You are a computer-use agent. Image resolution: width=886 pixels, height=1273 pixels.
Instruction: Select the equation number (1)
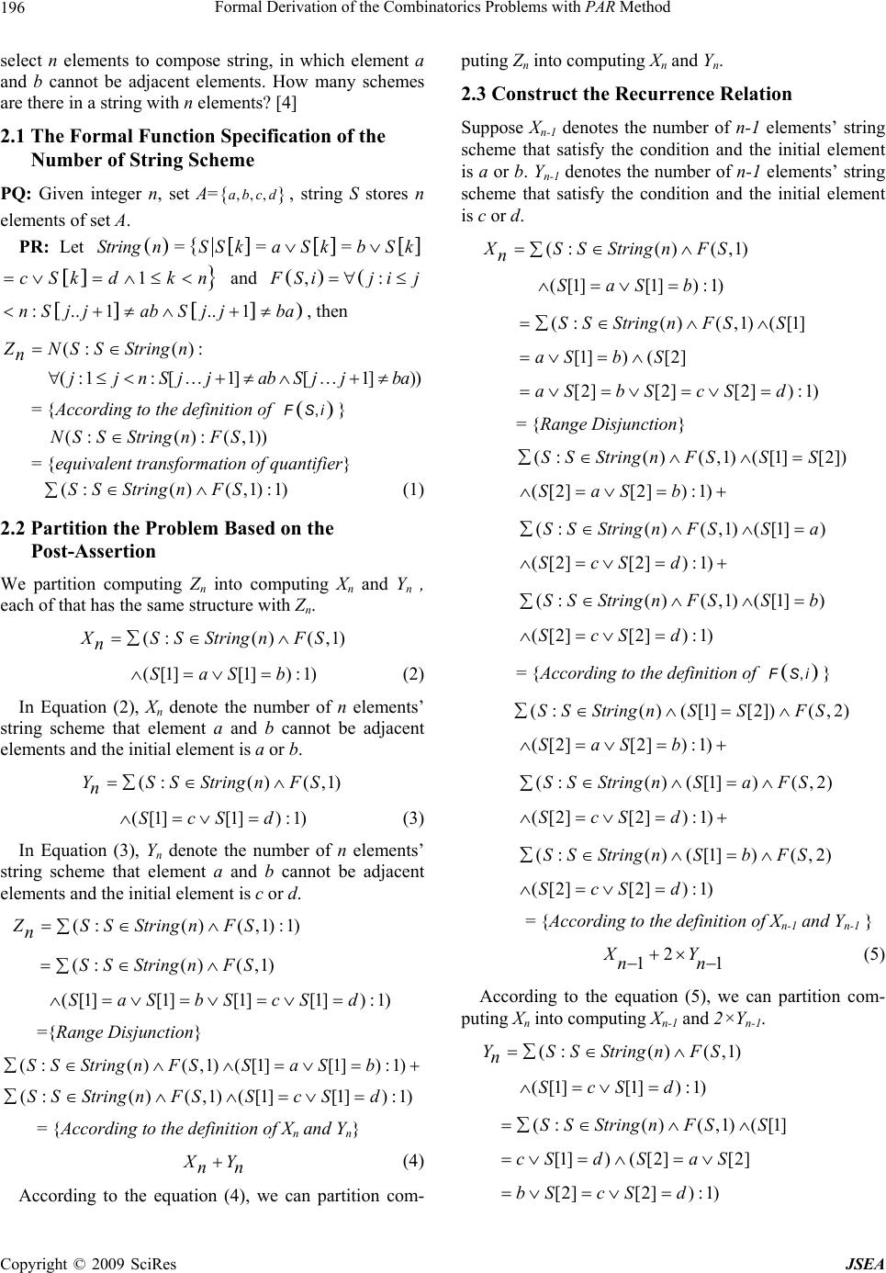coord(413,490)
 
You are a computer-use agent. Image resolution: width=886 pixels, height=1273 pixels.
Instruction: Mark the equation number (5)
coord(874,953)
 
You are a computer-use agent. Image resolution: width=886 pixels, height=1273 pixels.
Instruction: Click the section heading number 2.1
coord(15,137)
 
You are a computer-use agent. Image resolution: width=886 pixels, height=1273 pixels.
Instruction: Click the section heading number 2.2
coord(15,528)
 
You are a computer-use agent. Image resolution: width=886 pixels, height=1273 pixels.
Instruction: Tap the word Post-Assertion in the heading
coord(94,551)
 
